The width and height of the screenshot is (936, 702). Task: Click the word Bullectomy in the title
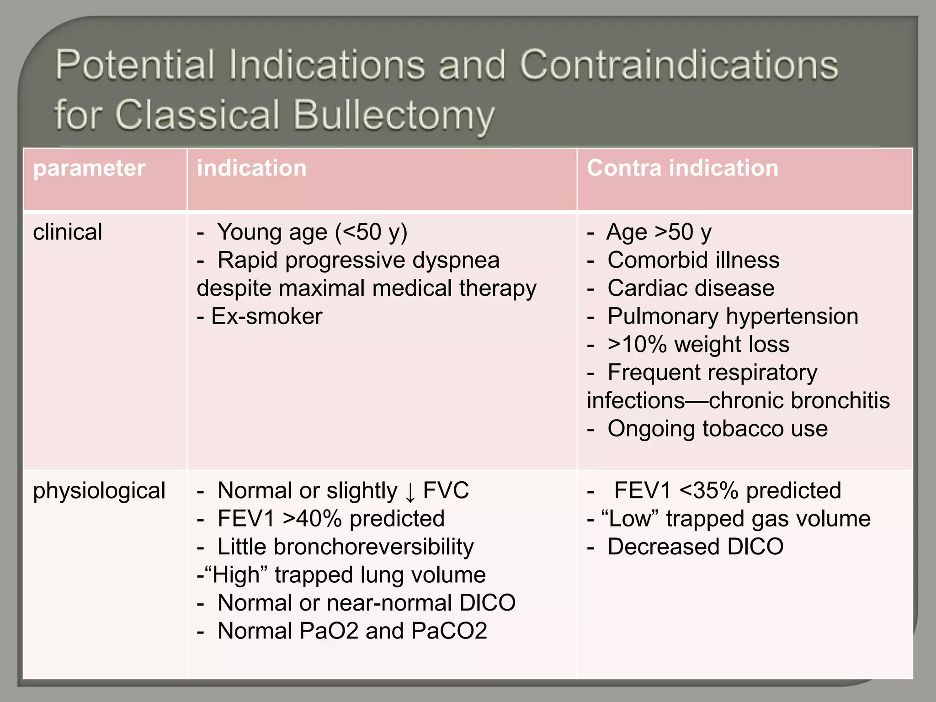394,115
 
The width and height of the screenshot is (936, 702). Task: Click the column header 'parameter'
89,168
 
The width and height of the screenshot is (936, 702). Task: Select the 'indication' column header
251,168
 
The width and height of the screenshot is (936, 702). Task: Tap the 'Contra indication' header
682,168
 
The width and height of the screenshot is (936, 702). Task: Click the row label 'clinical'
68,232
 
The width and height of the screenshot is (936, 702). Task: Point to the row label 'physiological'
99,491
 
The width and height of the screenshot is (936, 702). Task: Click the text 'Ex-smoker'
266,316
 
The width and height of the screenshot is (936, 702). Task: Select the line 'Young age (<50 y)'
312,232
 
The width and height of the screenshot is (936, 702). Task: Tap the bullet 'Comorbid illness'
693,261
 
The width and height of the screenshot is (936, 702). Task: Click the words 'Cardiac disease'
691,288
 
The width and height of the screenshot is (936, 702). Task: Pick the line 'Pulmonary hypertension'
733,316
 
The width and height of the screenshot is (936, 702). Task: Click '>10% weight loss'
698,344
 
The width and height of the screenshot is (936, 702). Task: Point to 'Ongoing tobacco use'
717,429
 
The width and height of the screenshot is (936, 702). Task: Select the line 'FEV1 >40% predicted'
331,519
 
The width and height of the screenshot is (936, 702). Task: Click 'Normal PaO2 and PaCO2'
352,631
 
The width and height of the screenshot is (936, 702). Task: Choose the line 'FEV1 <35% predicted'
727,491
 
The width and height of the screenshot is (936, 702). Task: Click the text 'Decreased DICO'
695,547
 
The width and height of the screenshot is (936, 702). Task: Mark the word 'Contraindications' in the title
679,65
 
